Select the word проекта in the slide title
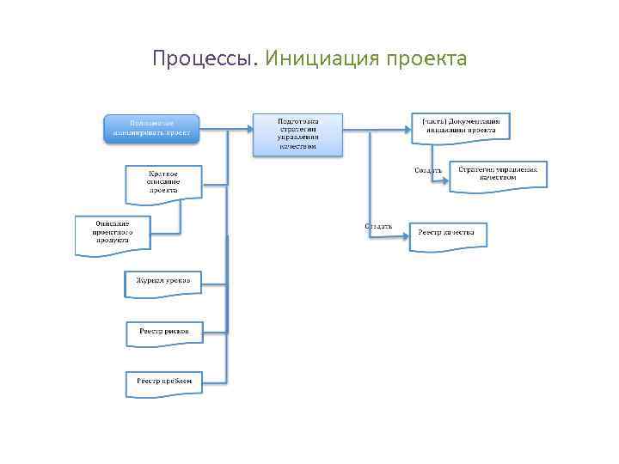point(426,59)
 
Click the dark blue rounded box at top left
point(151,127)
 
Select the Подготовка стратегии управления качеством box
point(297,133)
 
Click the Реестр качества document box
point(447,235)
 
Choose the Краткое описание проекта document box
point(163,183)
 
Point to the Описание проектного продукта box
point(112,233)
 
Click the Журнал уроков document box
point(163,282)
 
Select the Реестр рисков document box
point(163,331)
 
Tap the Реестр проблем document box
point(163,382)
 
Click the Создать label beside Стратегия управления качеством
point(428,170)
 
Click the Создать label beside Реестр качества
point(379,227)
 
